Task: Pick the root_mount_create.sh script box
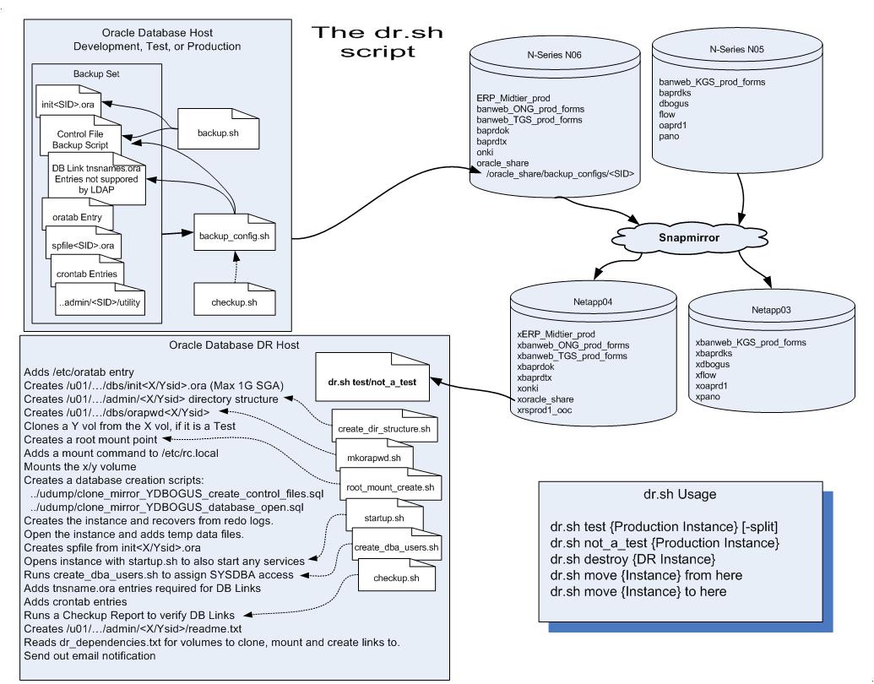(x=391, y=486)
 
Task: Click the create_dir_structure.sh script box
(x=383, y=429)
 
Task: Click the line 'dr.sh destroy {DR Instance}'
(x=633, y=558)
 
